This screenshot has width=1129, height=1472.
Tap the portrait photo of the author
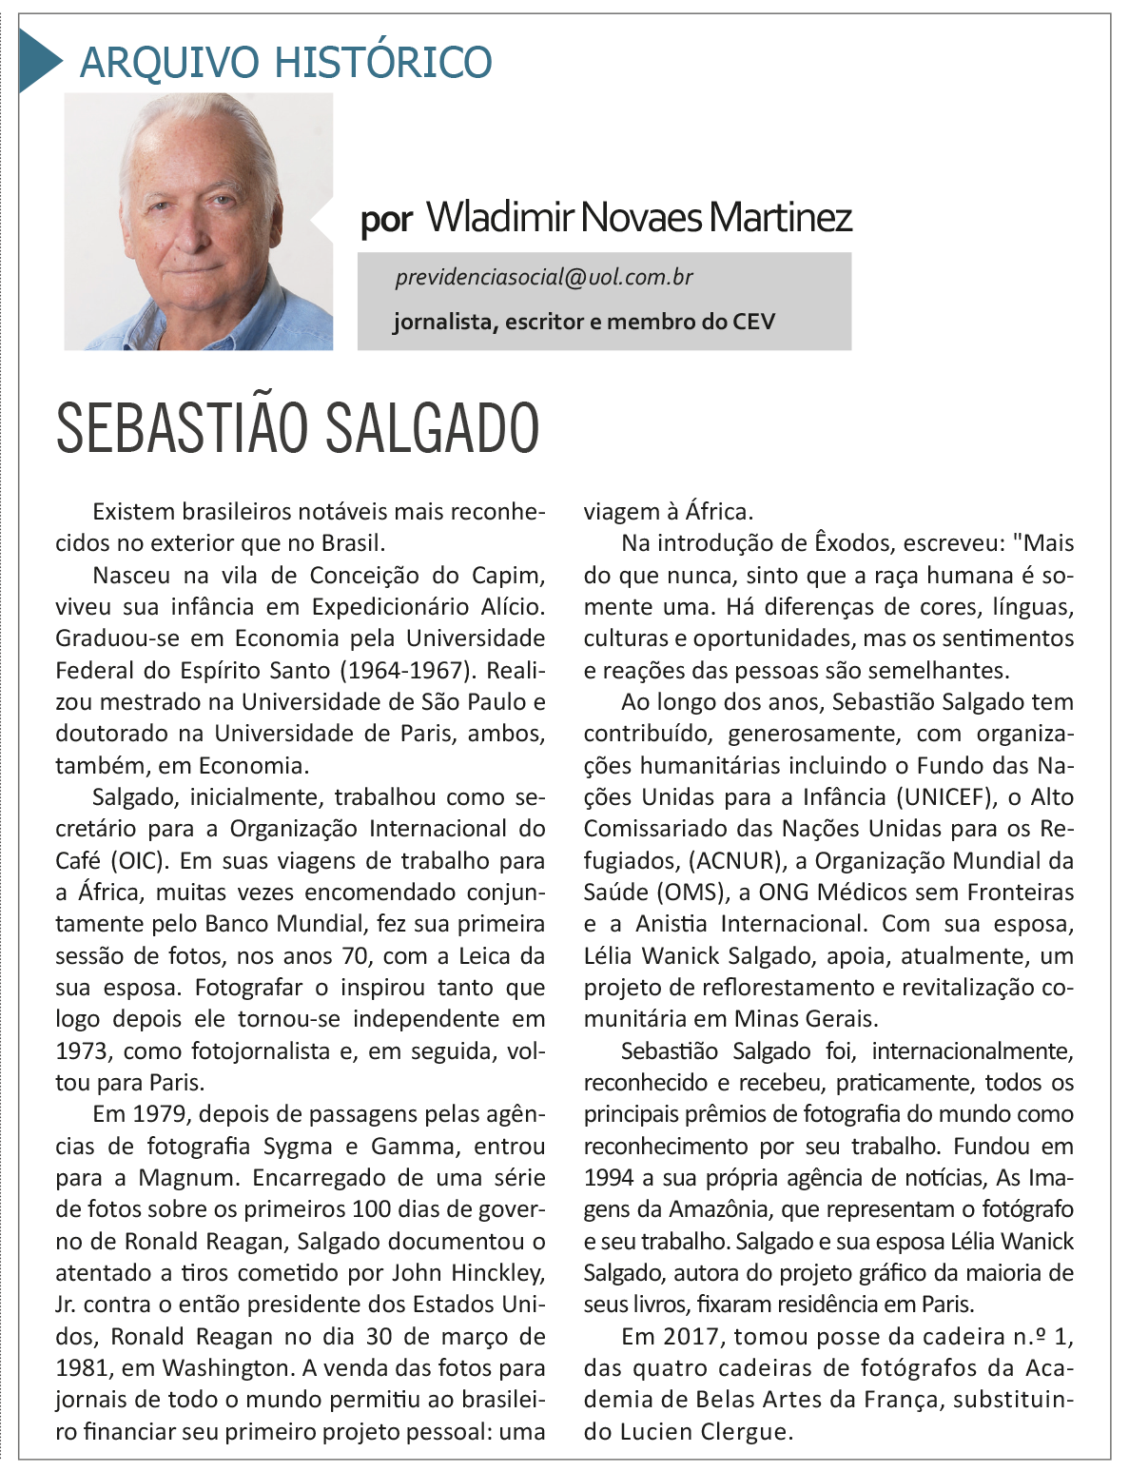pyautogui.click(x=199, y=221)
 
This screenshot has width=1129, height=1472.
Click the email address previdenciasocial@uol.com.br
pyautogui.click(x=544, y=277)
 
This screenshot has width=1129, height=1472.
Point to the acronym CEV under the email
pyautogui.click(x=753, y=322)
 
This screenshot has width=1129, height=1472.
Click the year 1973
pyautogui.click(x=82, y=1050)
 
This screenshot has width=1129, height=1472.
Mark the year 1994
pyautogui.click(x=609, y=1177)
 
